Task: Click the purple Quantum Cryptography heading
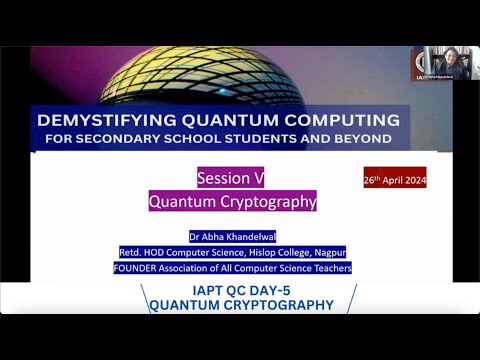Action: (232, 201)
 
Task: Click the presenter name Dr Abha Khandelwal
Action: (232, 237)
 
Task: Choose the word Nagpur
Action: (326, 252)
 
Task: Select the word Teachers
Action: (329, 267)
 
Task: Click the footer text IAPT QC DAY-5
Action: (240, 291)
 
